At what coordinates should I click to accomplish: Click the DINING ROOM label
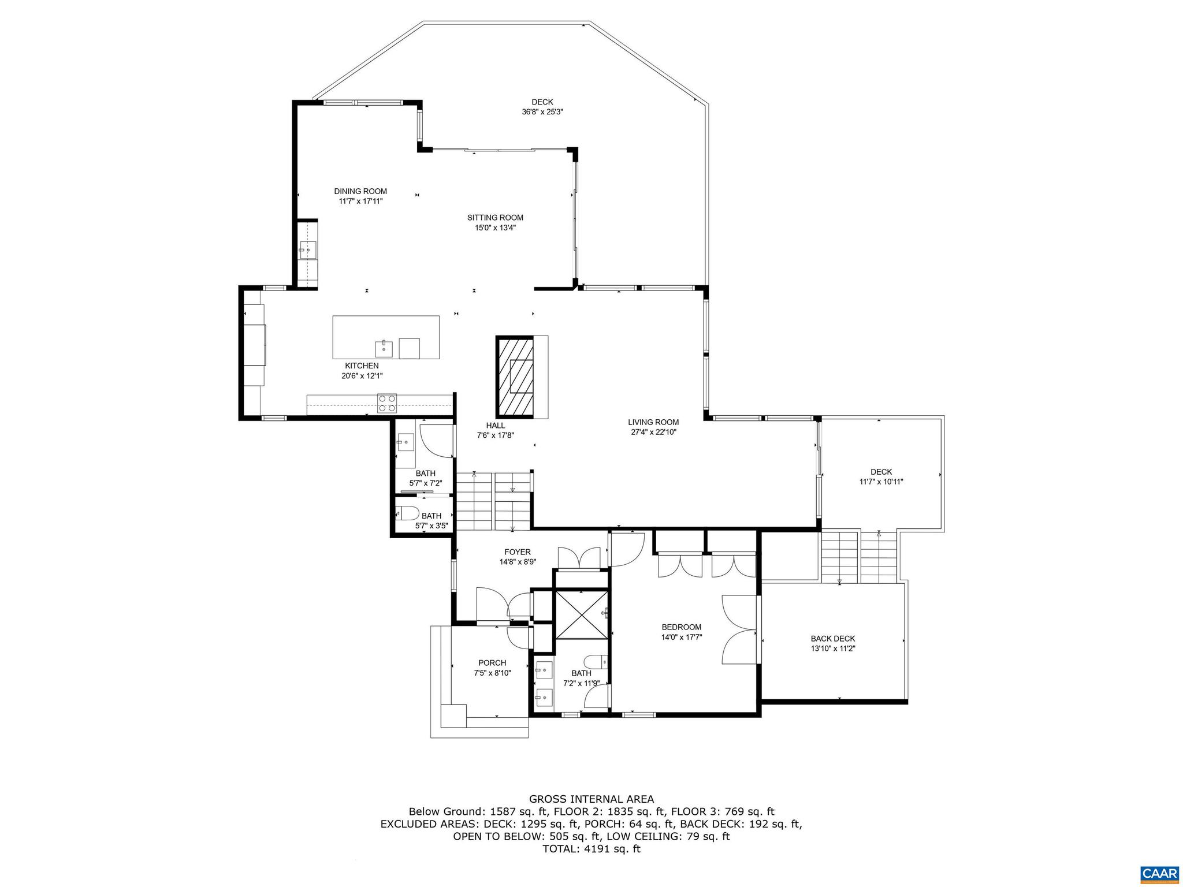pos(360,191)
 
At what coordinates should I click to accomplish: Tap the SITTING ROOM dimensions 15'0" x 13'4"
pos(495,228)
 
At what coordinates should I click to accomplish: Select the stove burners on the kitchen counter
pos(386,403)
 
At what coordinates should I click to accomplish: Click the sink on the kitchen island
pos(384,349)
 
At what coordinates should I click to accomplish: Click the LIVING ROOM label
pos(653,422)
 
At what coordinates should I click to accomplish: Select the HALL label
pos(495,426)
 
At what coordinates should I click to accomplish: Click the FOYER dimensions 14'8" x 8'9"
pos(518,562)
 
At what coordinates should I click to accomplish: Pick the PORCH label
pos(492,663)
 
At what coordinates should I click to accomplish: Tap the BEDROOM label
pos(681,627)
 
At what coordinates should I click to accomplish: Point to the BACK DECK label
pos(832,639)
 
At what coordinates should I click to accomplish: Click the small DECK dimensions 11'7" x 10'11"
pos(881,482)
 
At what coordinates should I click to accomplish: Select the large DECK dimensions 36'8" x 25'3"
pos(542,112)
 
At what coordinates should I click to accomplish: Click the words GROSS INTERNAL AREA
pos(591,799)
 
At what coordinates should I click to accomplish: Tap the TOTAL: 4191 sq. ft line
pos(591,849)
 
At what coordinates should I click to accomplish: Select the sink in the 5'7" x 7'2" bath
pos(405,443)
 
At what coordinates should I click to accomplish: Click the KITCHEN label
pos(362,366)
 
